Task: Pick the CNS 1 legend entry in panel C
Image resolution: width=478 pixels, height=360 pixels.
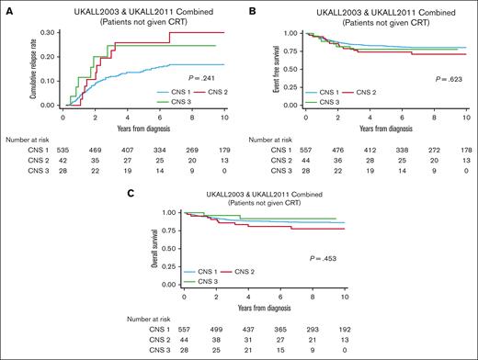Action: (199, 274)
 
